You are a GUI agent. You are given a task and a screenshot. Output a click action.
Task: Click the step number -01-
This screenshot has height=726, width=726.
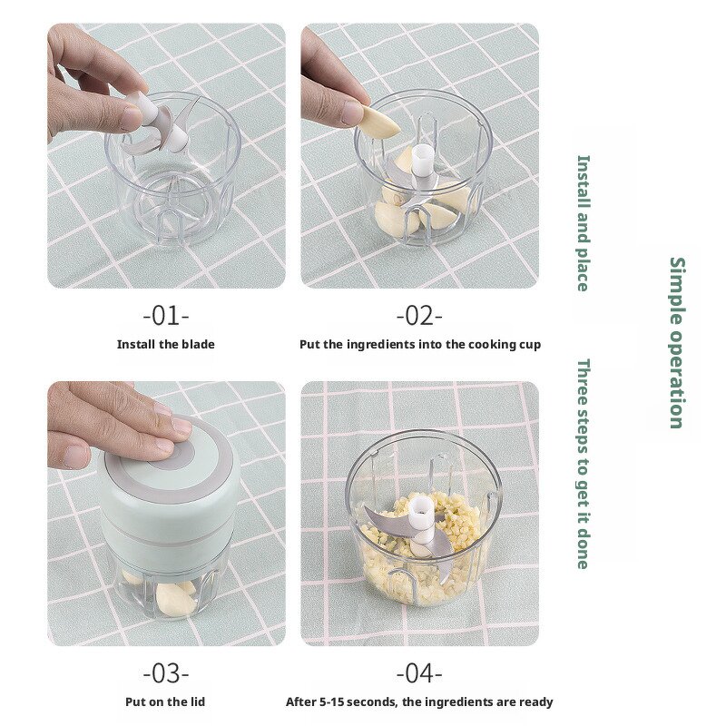click(165, 317)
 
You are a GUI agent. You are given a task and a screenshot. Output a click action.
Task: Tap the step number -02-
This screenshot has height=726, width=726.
click(419, 317)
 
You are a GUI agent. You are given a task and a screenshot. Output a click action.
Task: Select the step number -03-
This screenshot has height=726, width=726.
click(165, 673)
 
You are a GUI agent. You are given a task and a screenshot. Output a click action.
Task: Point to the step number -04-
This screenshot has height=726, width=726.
click(419, 673)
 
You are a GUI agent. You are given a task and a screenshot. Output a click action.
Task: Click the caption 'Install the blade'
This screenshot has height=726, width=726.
click(165, 345)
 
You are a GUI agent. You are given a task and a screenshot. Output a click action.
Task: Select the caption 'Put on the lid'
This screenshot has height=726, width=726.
click(165, 701)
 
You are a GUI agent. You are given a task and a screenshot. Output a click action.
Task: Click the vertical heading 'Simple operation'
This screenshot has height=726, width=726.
click(677, 342)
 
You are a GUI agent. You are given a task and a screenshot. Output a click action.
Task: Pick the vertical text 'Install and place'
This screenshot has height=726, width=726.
click(584, 222)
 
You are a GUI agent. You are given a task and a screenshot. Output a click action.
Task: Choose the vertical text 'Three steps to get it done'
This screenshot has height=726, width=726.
click(584, 463)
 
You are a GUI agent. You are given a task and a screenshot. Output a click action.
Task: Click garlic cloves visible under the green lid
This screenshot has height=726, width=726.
click(174, 596)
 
